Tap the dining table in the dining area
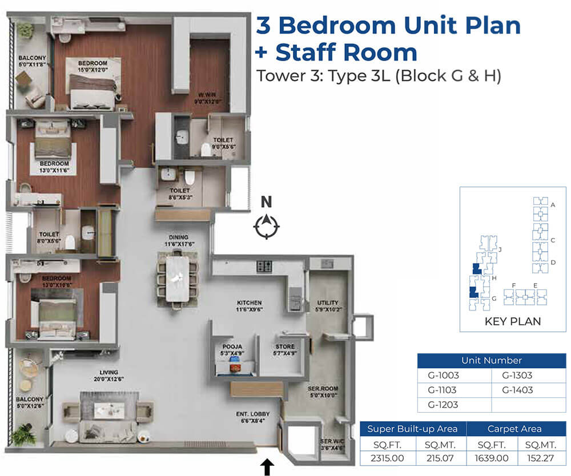[x=178, y=279]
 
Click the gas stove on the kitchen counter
[x=264, y=267]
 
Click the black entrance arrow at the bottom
[x=267, y=467]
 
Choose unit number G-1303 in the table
[x=517, y=375]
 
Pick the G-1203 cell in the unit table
[x=443, y=405]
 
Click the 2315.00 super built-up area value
[x=387, y=458]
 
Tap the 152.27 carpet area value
[x=540, y=458]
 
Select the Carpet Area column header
[x=514, y=429]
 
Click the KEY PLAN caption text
[x=513, y=321]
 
